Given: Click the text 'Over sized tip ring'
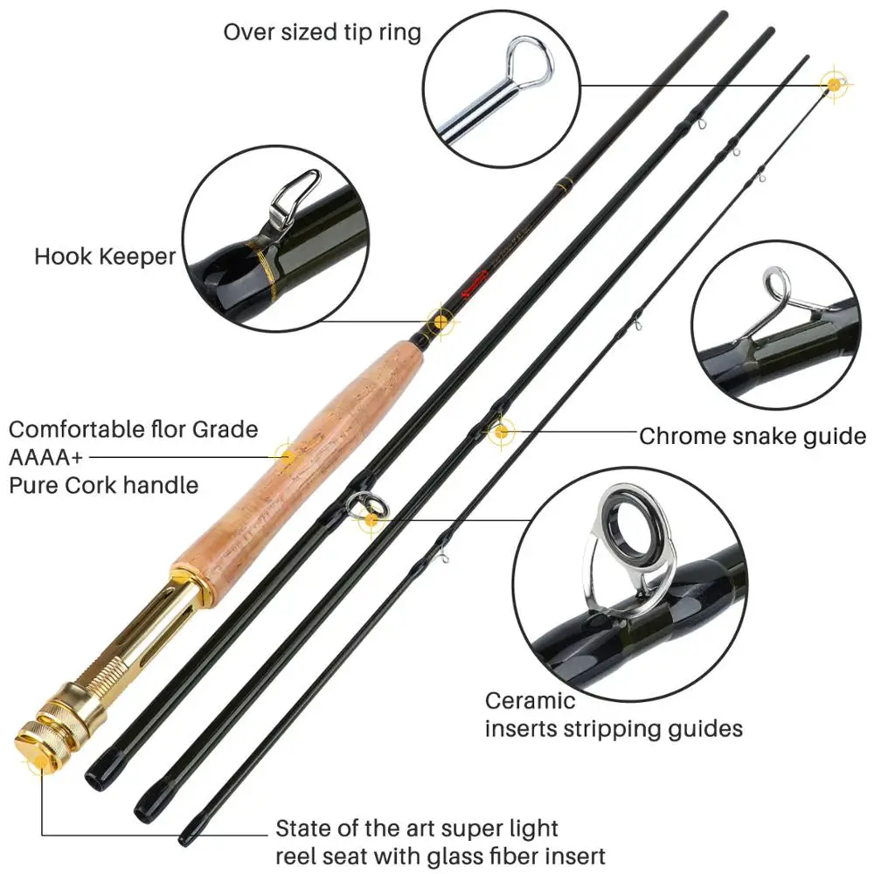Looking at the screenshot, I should point(323,32).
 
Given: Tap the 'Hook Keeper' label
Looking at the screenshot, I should point(105,256).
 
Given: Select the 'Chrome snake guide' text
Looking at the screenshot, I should point(752,436).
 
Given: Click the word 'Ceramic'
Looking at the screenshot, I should point(531,700).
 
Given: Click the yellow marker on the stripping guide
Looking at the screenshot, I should point(372,520).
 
